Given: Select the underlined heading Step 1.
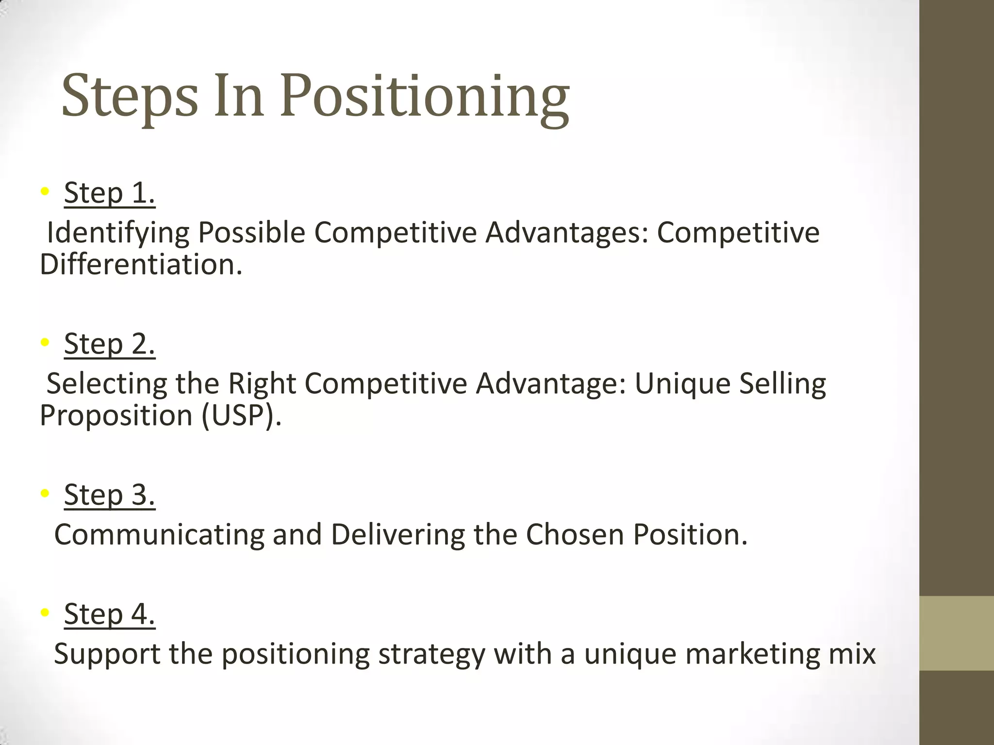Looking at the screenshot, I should [109, 193].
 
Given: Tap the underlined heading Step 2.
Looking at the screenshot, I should [109, 344].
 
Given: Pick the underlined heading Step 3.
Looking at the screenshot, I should [109, 495].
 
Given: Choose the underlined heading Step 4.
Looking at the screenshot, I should [109, 614].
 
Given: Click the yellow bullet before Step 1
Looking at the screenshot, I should [45, 192].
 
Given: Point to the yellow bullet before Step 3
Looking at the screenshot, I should [45, 493].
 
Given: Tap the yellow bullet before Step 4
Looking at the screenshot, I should [45, 613].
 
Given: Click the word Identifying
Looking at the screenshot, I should [117, 233].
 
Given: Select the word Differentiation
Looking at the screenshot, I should [141, 265].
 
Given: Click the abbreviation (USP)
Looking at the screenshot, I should [241, 416].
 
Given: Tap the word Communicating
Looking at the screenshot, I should [159, 534].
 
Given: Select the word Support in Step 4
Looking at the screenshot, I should [107, 654].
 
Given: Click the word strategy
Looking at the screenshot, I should [431, 655].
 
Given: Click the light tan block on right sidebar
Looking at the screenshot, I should [956, 633].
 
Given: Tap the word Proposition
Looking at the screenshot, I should [116, 416].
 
